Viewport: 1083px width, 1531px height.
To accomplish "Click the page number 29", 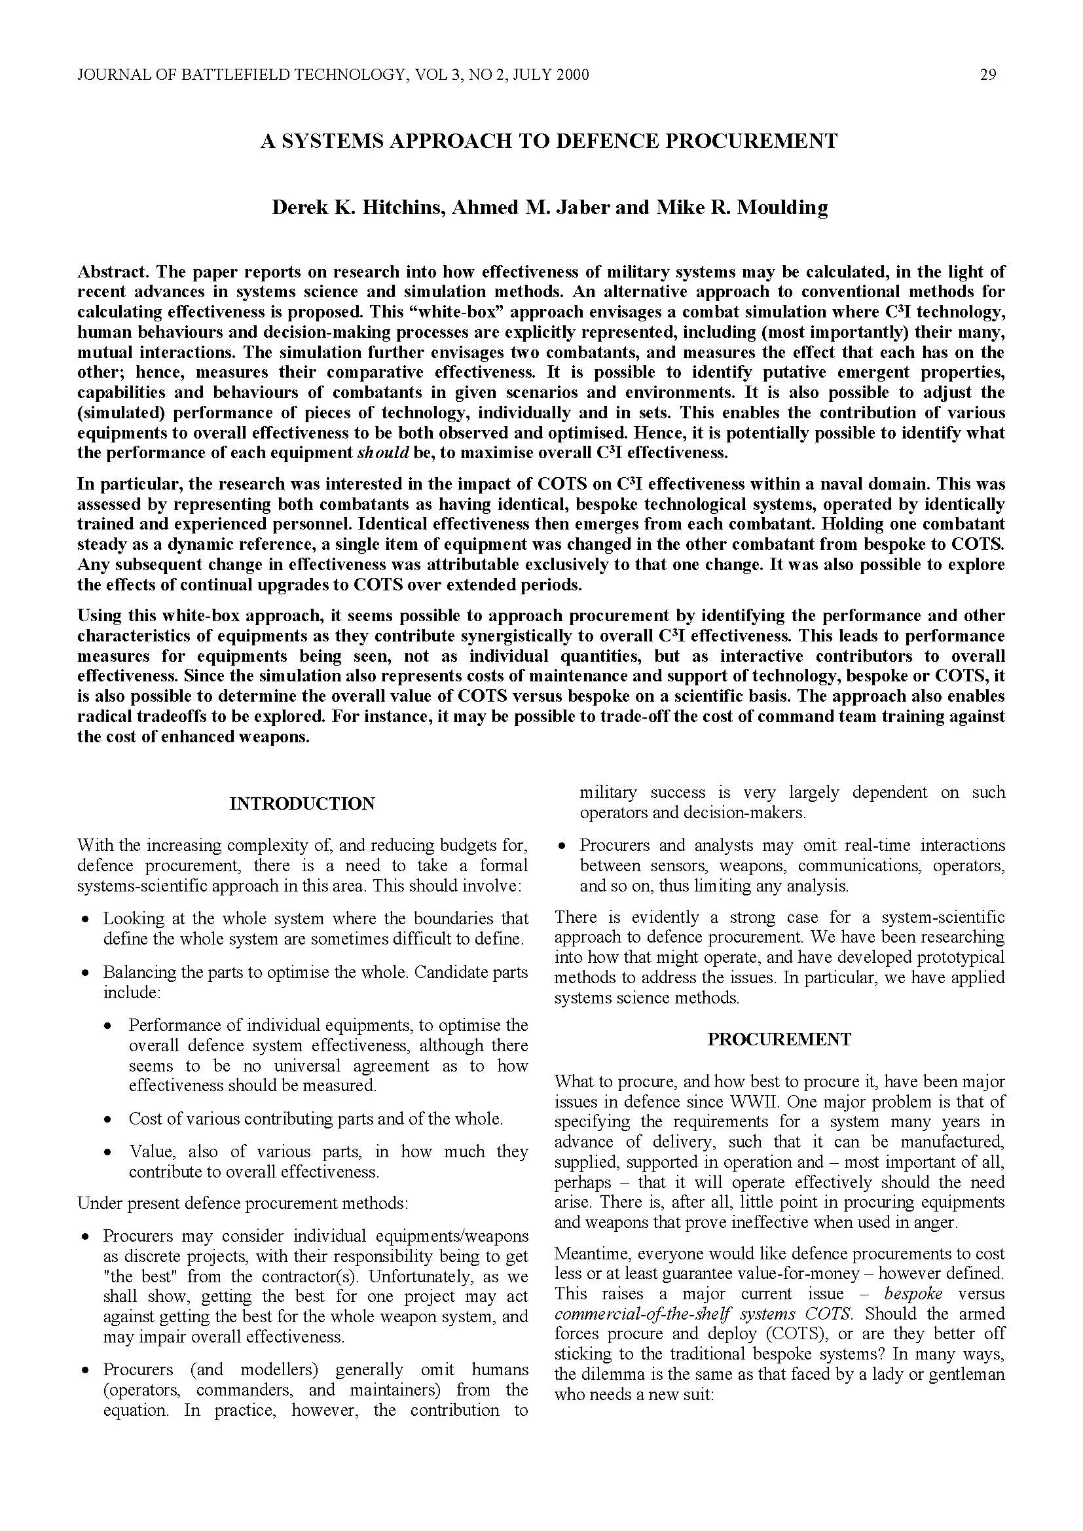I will [x=987, y=75].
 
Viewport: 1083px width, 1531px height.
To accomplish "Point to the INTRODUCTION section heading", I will [x=302, y=804].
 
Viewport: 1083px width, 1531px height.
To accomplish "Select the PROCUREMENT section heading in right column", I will [x=779, y=1039].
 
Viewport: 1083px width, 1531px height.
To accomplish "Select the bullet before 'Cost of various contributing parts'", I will [x=108, y=1119].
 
